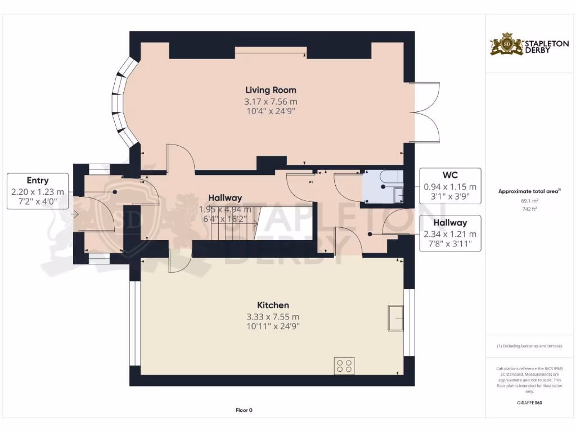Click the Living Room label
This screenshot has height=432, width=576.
coord(270,90)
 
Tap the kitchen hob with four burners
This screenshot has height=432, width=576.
coord(344,366)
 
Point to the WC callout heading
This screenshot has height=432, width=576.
coord(450,175)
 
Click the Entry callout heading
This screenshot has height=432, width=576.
coord(37,181)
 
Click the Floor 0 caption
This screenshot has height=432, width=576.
coord(244,410)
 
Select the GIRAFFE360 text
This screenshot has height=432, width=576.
coord(529,403)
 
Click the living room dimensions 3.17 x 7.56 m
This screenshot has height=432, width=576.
coord(270,102)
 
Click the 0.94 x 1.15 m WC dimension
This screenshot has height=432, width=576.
coord(450,187)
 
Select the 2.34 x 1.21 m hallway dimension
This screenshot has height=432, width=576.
coord(450,234)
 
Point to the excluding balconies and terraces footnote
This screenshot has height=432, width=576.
coord(529,346)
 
